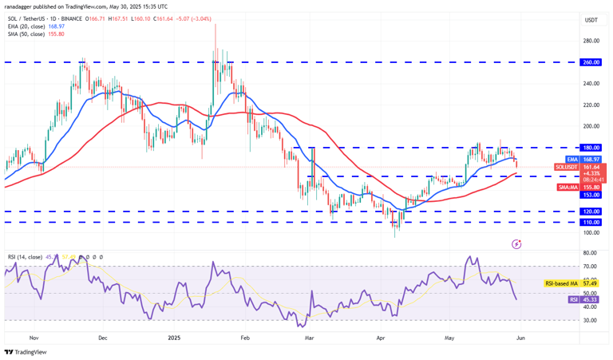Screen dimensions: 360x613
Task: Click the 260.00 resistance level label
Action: (x=591, y=61)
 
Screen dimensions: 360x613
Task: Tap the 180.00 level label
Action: (x=591, y=148)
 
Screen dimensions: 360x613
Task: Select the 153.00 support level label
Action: (x=591, y=194)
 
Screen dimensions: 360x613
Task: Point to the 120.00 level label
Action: (x=591, y=212)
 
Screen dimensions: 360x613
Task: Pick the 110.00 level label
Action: (x=591, y=222)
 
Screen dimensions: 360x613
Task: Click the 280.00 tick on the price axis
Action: (x=591, y=41)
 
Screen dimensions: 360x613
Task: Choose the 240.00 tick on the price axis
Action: (x=591, y=83)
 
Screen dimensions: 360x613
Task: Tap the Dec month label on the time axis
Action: (x=102, y=337)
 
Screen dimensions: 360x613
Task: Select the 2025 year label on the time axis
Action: (x=173, y=337)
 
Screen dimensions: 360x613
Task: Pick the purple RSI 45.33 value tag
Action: (x=591, y=299)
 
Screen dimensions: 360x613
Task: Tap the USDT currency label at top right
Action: (x=591, y=20)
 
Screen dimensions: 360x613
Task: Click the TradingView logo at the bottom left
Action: (x=26, y=351)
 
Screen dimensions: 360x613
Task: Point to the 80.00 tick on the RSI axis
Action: (x=591, y=253)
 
